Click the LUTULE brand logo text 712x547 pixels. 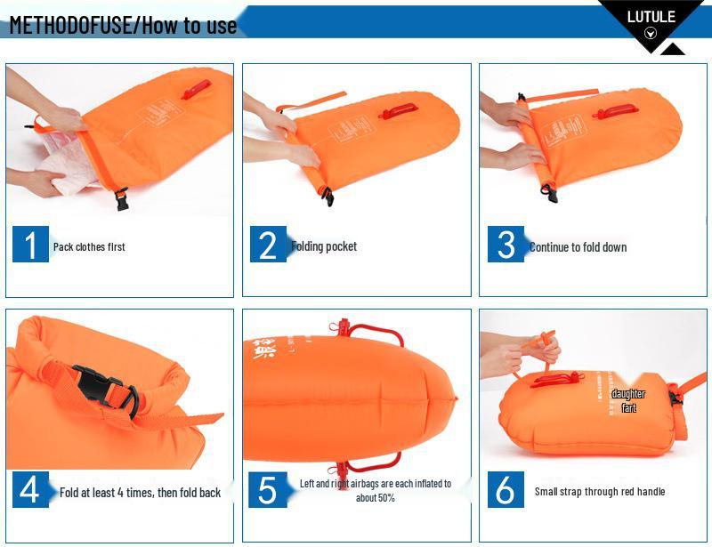point(651,16)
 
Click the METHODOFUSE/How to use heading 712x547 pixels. point(123,24)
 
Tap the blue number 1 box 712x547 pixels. point(30,245)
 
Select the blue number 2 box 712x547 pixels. point(267,245)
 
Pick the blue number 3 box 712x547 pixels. point(506,245)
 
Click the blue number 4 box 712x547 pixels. point(30,490)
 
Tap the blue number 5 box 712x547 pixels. point(267,490)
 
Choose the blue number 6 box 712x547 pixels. point(506,490)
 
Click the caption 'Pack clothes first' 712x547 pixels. point(89,247)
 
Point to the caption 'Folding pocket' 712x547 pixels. point(324,246)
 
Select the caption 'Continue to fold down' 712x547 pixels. point(578,247)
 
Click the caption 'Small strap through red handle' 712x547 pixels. point(599,492)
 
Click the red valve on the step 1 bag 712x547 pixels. point(197,90)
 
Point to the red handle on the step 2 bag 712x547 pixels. point(398,111)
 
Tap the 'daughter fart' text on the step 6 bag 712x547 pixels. point(628,400)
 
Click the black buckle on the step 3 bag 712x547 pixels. point(548,189)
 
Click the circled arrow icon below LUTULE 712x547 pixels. point(650,34)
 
